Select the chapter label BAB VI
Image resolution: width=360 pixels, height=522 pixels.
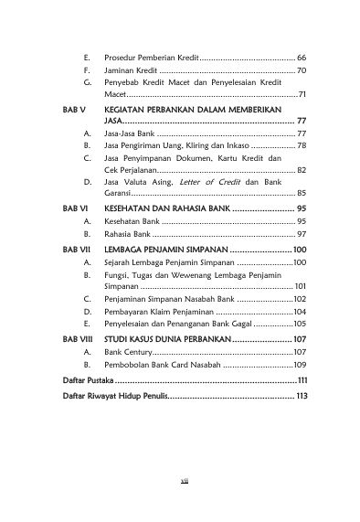click(64, 209)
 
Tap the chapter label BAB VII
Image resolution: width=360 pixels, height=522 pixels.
click(66, 250)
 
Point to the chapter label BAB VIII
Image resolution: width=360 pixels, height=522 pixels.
click(67, 338)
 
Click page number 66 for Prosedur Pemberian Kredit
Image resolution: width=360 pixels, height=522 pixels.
click(302, 58)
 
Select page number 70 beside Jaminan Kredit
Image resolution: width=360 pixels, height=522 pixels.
click(302, 69)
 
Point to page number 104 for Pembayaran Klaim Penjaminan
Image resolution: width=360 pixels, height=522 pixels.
click(300, 311)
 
